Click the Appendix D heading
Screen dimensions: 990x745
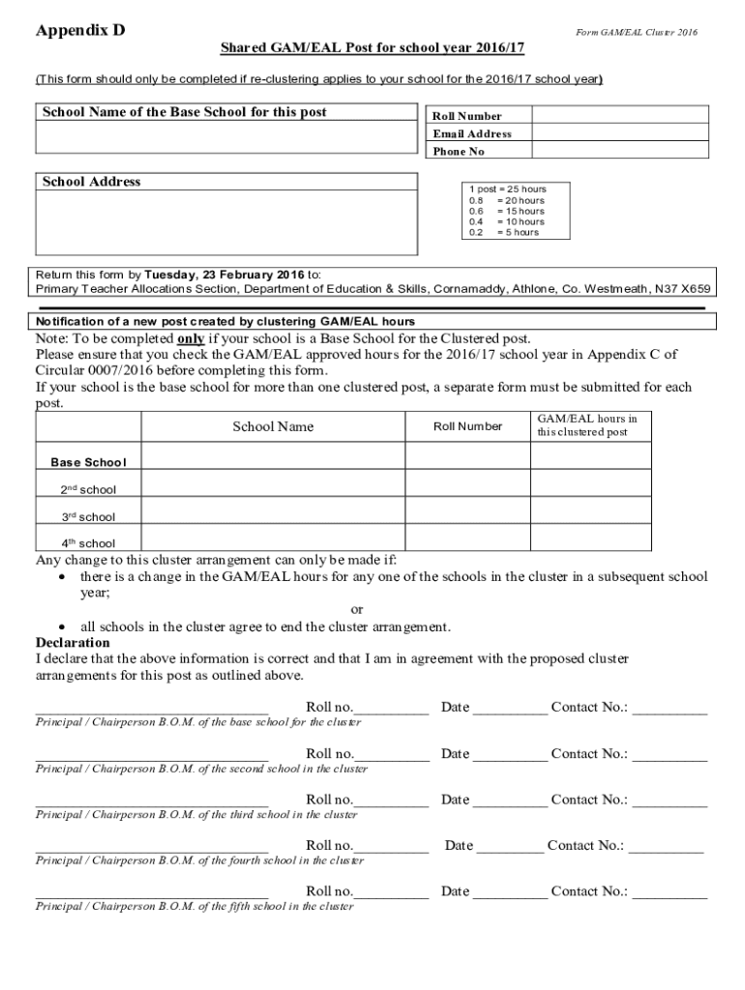pyautogui.click(x=80, y=31)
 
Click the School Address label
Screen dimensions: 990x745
pyautogui.click(x=91, y=182)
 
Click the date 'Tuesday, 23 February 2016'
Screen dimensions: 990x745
pyautogui.click(x=224, y=274)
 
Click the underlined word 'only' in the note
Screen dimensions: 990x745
pyautogui.click(x=190, y=339)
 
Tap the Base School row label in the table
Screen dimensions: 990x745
pyautogui.click(x=88, y=462)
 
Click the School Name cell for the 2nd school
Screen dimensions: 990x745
pyautogui.click(x=273, y=488)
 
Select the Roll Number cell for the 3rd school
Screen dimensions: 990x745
pyautogui.click(x=467, y=515)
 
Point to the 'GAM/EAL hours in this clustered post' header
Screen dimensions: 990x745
pyautogui.click(x=587, y=425)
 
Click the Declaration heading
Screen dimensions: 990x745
pyautogui.click(x=73, y=643)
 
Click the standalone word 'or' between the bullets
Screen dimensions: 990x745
pyautogui.click(x=357, y=609)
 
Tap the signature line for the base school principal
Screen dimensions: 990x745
pyautogui.click(x=152, y=709)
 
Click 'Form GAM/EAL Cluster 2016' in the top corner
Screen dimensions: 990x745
pyautogui.click(x=636, y=33)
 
